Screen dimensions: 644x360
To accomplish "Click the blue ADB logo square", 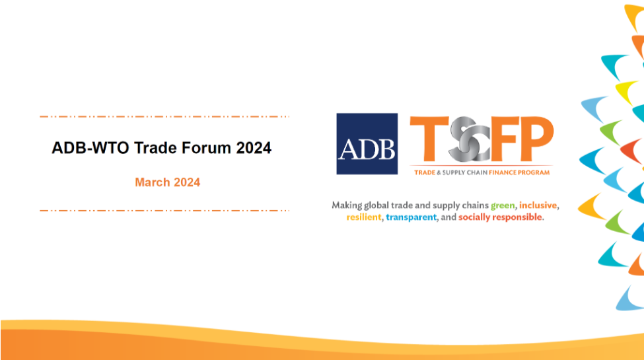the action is pyautogui.click(x=367, y=144).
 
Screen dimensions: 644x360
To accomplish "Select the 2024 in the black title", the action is pyautogui.click(x=254, y=148).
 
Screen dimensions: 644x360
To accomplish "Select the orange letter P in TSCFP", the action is pyautogui.click(x=537, y=139).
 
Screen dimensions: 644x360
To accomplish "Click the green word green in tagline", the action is pyautogui.click(x=503, y=205).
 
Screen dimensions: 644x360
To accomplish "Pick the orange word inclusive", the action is pyautogui.click(x=538, y=205).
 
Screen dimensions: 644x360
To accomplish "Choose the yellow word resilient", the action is pyautogui.click(x=364, y=217).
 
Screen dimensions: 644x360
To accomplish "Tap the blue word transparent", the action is pyautogui.click(x=411, y=217).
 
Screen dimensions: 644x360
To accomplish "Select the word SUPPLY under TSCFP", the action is pyautogui.click(x=453, y=172).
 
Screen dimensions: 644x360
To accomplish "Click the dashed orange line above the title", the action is pyautogui.click(x=164, y=117).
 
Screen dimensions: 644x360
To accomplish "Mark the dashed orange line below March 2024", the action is pyautogui.click(x=164, y=211).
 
